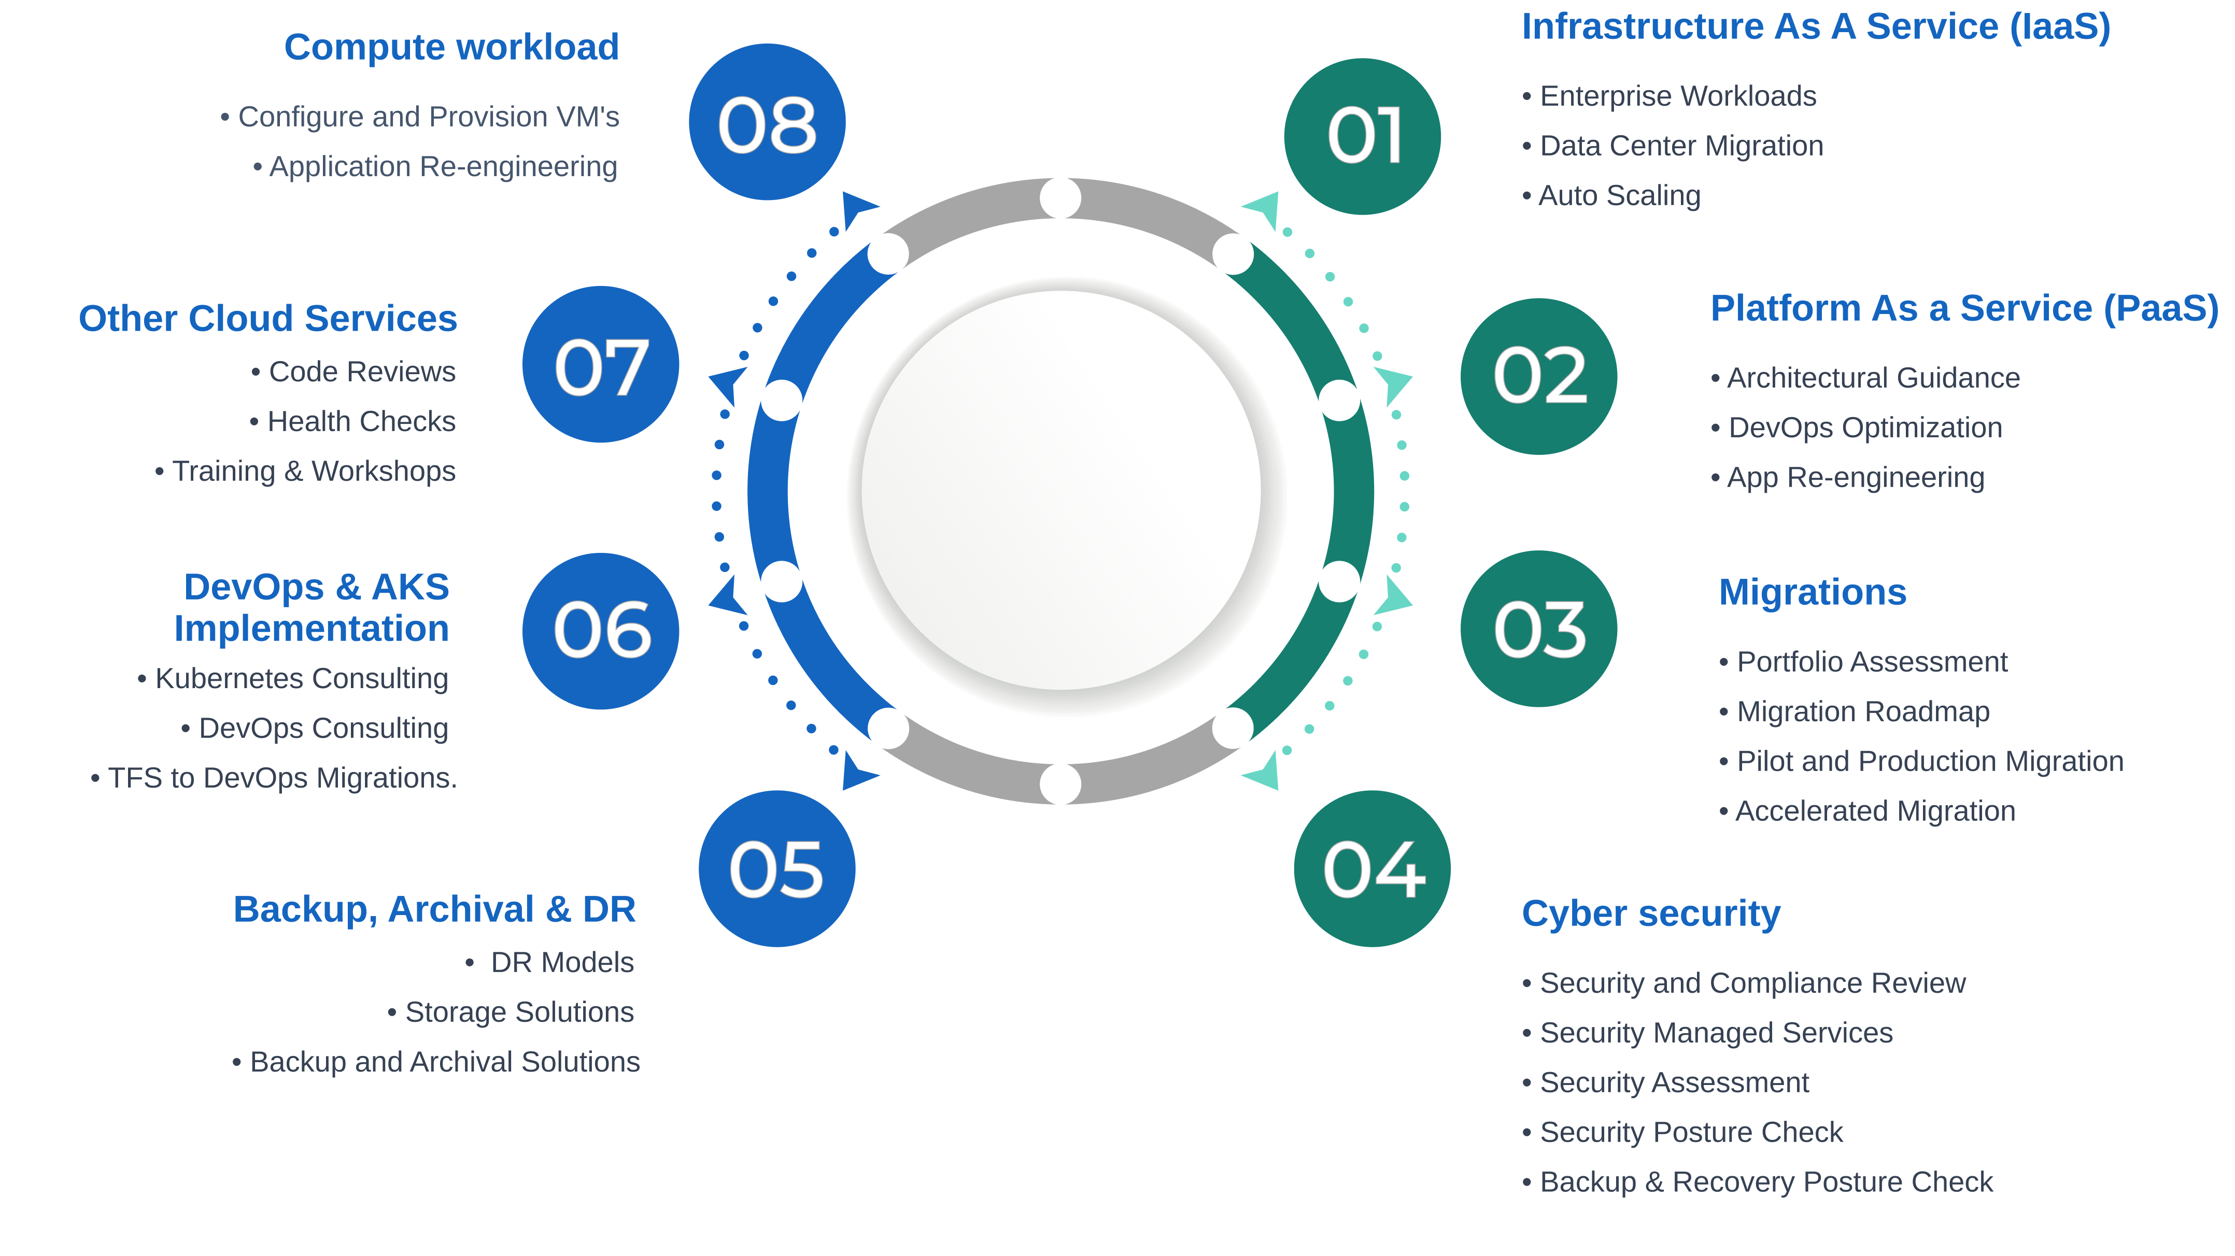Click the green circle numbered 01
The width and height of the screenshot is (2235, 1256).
click(1362, 136)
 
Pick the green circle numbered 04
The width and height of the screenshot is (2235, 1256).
click(1371, 868)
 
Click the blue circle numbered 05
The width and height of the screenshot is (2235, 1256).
click(776, 868)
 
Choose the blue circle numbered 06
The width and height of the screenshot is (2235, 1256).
click(600, 631)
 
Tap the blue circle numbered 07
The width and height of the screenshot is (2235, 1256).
click(600, 364)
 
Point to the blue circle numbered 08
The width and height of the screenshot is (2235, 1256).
click(767, 122)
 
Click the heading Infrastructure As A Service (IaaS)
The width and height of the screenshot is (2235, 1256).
click(1815, 27)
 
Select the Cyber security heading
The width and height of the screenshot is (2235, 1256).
click(1650, 914)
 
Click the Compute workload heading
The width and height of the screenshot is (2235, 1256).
click(451, 47)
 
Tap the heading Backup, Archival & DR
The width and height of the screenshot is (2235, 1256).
click(434, 909)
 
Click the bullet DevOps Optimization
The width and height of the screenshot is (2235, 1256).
click(1864, 427)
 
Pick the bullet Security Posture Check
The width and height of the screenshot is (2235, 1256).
click(1690, 1132)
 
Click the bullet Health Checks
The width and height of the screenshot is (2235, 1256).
click(360, 422)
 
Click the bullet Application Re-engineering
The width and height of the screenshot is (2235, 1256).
click(443, 166)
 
